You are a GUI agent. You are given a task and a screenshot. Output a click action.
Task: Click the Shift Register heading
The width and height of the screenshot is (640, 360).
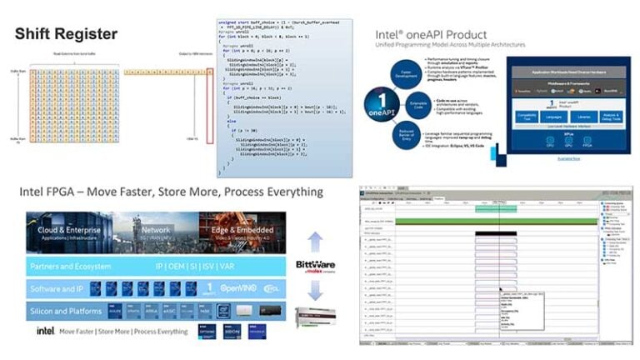[x=66, y=33]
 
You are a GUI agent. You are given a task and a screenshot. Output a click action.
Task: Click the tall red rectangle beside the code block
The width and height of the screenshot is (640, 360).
[x=197, y=107]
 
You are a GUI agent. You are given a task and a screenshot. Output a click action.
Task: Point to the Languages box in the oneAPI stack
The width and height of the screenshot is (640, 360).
[x=552, y=116]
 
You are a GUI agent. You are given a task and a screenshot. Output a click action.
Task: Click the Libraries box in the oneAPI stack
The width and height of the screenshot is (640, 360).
[x=583, y=116]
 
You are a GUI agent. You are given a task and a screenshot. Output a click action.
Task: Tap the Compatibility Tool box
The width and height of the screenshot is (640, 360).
[x=525, y=116]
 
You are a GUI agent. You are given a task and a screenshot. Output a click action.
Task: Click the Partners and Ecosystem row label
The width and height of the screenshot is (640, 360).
[x=70, y=267]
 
